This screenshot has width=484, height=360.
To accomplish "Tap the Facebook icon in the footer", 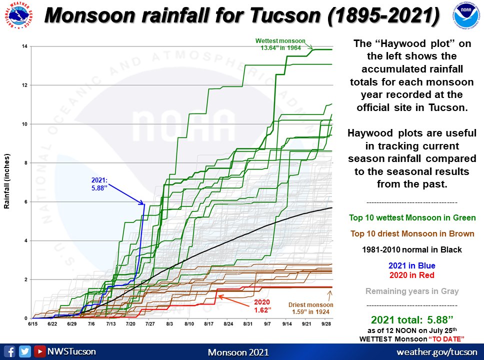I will pos(10,351).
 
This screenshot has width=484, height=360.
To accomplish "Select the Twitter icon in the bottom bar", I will pos(24,351).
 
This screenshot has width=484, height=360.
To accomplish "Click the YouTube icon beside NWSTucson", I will pos(39,351).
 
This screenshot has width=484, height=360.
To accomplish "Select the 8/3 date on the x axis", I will pos(169,324).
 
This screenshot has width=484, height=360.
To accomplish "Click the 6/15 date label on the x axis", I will pos(32,324).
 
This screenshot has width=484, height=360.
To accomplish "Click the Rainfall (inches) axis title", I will pos(7,182).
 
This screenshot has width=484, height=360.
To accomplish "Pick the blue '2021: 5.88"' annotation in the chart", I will pos(99,183).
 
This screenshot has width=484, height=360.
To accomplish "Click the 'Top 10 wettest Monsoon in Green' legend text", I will pos(412,218).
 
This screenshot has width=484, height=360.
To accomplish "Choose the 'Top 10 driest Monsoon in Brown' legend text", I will pos(412,233).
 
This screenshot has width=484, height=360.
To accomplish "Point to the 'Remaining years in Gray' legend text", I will pos(412,291).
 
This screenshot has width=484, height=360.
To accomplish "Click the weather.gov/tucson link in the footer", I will pos(436,352).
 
